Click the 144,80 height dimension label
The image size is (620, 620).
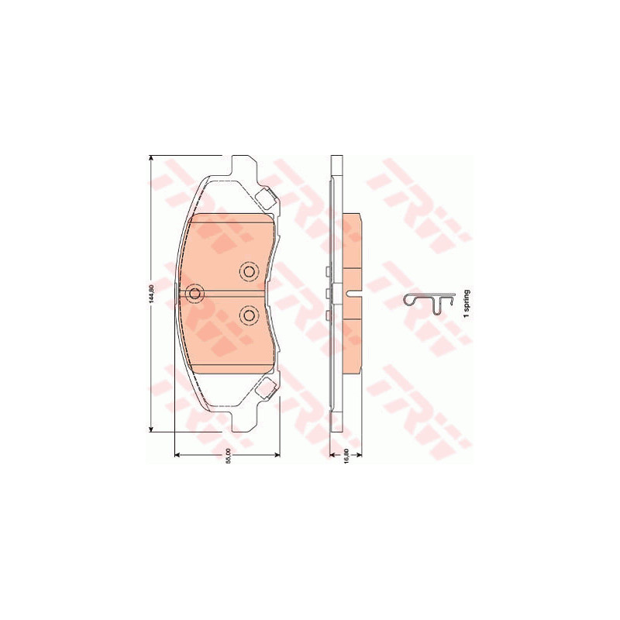[x=150, y=294]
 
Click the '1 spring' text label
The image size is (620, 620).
[x=467, y=304]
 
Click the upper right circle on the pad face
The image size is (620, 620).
[x=249, y=272]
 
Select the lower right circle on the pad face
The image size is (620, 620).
[x=249, y=315]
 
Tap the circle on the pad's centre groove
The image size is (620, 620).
[x=195, y=294]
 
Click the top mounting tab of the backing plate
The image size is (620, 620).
[x=243, y=164]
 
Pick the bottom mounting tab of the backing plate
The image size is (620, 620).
[x=243, y=423]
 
